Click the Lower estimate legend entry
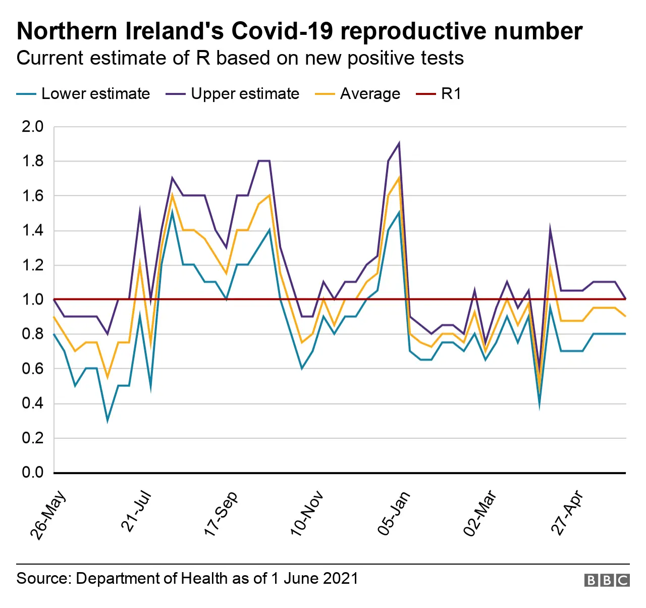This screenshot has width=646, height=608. click(x=95, y=94)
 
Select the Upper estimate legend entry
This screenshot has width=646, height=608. click(x=245, y=94)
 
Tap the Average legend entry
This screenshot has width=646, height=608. click(x=369, y=94)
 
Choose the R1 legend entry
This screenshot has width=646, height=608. click(x=451, y=94)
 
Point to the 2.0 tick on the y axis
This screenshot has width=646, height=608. click(x=32, y=126)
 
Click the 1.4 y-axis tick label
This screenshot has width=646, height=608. click(x=32, y=230)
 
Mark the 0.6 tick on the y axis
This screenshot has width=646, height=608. click(x=32, y=369)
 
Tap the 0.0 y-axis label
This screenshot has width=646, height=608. click(x=32, y=472)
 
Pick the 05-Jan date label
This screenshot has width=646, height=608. click(x=394, y=513)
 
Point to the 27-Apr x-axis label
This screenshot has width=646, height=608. click(x=567, y=513)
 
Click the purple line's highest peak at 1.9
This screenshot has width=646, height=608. click(x=399, y=143)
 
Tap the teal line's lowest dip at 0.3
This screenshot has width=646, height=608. click(x=107, y=420)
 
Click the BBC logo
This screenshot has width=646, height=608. click(x=607, y=580)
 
